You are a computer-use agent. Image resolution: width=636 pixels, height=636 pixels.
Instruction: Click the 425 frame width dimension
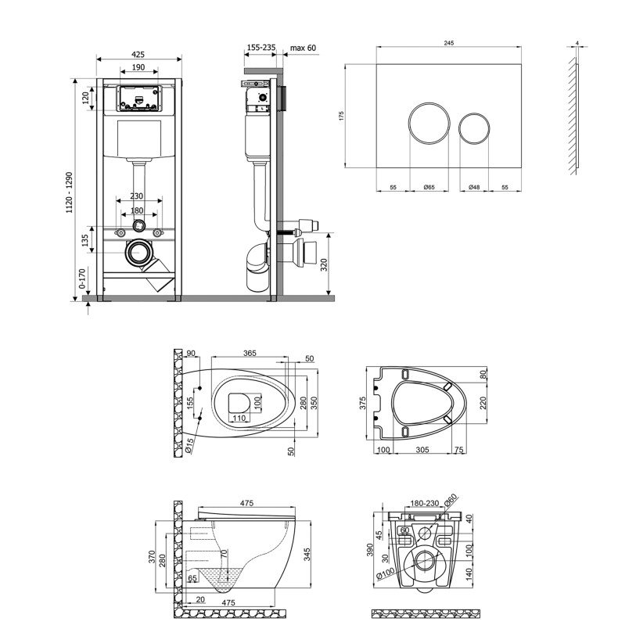coord(138,55)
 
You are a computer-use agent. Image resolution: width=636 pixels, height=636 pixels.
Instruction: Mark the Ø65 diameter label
coord(429,188)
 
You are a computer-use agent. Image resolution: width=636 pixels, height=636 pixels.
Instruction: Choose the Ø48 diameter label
coord(474,188)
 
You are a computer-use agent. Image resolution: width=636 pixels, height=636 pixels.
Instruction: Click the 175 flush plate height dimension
coord(342,116)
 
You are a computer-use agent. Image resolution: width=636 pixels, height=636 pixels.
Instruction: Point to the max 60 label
coord(302,49)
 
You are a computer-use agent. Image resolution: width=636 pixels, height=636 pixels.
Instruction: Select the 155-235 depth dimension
coord(261,49)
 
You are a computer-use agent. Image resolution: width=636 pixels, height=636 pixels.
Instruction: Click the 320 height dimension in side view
coord(334,264)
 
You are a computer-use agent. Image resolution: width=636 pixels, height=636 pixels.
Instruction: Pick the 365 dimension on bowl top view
coord(250,354)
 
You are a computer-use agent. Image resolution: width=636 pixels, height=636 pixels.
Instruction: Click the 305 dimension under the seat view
coord(422,451)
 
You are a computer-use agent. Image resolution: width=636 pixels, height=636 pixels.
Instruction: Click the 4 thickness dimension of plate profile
coord(577,44)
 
